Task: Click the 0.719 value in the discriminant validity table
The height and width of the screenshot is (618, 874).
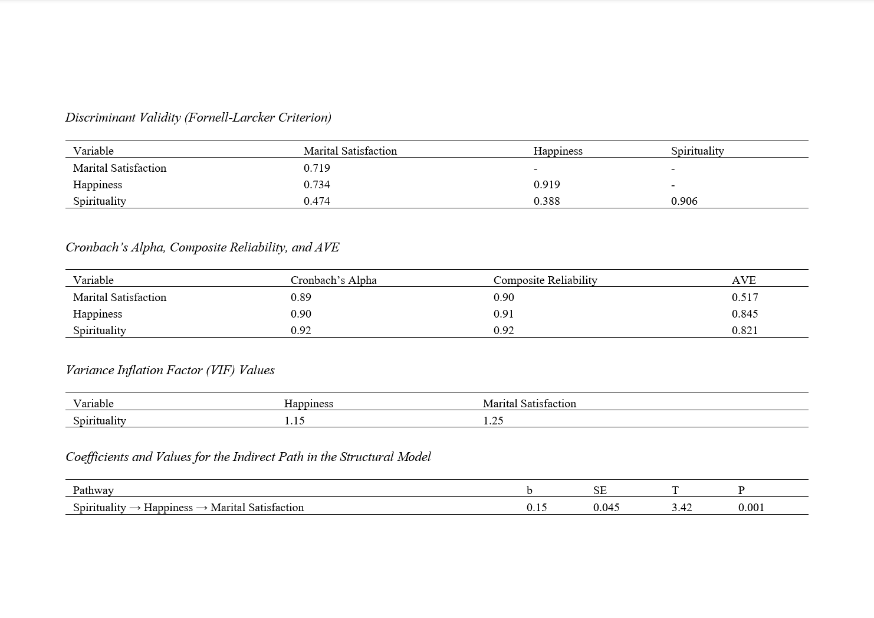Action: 317,168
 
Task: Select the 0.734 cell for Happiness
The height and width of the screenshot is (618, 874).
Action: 317,185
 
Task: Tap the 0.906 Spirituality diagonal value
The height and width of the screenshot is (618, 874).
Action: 684,201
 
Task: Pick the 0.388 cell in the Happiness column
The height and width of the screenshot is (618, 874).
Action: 547,201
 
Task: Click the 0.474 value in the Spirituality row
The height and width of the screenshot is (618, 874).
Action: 317,201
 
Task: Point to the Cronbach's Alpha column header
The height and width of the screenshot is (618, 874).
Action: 333,280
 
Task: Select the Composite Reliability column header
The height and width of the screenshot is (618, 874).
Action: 545,280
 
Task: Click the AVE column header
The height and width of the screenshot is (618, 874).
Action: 744,280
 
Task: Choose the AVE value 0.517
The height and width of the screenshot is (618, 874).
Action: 745,297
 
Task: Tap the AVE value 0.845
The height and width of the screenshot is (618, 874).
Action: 745,314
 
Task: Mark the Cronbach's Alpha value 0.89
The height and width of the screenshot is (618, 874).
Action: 301,297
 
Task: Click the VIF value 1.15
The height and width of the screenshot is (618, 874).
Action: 294,421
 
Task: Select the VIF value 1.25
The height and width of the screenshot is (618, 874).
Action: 493,421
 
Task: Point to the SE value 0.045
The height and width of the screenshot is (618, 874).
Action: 606,508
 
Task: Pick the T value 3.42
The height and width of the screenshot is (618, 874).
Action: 682,508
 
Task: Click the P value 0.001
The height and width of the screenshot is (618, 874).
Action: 751,508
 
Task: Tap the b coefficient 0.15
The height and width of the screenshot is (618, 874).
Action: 537,508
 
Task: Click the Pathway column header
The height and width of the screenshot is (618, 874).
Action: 93,491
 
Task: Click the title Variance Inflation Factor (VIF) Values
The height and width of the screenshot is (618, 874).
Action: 170,370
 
